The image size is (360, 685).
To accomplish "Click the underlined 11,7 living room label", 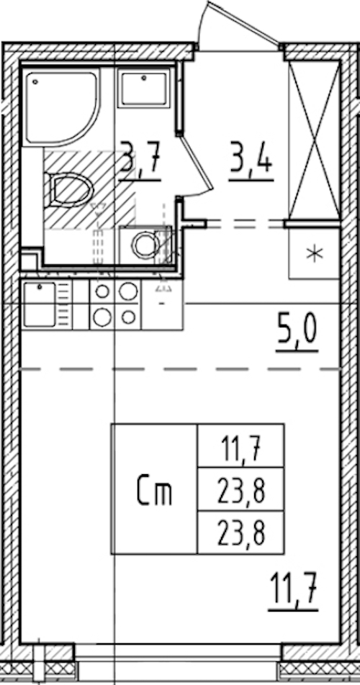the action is (294, 591).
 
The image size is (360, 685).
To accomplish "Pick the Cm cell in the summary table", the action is (154, 492).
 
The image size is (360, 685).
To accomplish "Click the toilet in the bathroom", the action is (69, 190).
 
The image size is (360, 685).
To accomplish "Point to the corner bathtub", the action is (61, 106).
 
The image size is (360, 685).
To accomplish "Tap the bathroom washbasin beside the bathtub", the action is (143, 89).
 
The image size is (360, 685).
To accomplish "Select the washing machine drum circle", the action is (145, 245).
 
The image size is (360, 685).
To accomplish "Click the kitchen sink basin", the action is (40, 304).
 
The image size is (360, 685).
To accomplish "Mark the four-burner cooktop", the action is (115, 304).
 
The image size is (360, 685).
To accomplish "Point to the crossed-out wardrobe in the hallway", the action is (314, 139).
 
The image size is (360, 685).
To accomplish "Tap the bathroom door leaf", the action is (196, 164).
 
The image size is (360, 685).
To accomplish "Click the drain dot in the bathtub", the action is (35, 81).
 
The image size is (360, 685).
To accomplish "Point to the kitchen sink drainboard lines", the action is (64, 304).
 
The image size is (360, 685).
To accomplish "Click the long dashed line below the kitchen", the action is (181, 370).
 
